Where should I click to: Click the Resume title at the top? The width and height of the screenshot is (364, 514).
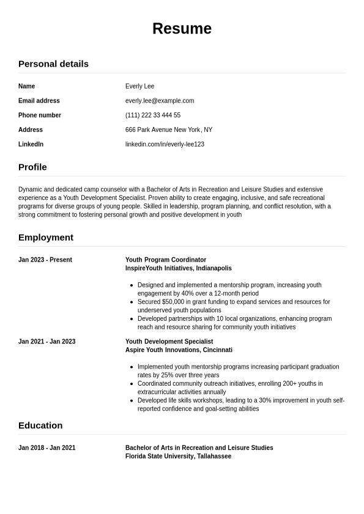click(x=182, y=29)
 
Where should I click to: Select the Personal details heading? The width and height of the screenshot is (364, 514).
click(x=53, y=64)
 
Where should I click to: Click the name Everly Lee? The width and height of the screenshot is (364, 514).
click(x=139, y=86)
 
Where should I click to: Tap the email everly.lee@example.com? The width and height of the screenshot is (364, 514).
click(x=160, y=101)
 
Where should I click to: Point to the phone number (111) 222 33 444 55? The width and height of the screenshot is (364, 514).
click(x=153, y=115)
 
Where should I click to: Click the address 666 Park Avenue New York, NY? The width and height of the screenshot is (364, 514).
click(x=169, y=130)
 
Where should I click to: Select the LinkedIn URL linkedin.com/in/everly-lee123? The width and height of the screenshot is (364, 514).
click(x=165, y=144)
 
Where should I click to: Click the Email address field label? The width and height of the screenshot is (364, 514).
click(x=39, y=101)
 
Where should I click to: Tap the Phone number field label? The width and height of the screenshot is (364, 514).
click(x=40, y=115)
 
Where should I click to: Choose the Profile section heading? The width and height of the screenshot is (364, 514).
click(x=32, y=167)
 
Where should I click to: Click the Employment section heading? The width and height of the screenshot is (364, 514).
click(x=46, y=237)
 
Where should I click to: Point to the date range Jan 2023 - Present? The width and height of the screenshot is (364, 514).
click(x=45, y=260)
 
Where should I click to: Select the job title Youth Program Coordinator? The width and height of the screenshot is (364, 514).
click(x=166, y=260)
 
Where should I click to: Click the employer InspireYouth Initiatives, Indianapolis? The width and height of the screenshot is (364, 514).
click(x=179, y=268)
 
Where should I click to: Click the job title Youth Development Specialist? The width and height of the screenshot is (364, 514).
click(x=169, y=342)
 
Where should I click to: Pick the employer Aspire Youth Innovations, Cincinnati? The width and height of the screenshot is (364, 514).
click(x=179, y=350)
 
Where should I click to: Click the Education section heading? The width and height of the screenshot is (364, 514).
click(x=40, y=425)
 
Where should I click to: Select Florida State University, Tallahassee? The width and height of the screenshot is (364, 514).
click(x=178, y=457)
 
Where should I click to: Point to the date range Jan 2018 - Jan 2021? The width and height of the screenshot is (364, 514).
click(x=47, y=448)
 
